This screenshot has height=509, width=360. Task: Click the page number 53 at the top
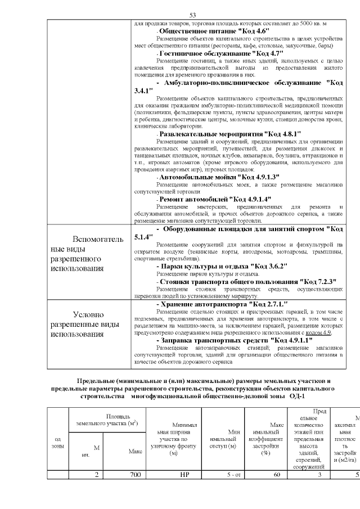[x=192, y=15]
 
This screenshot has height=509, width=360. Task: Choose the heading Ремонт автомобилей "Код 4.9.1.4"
[x=208, y=199]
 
